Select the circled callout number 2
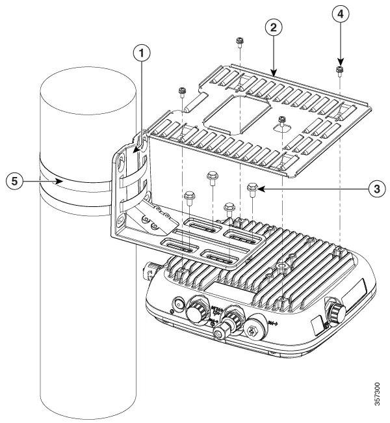click(275, 27)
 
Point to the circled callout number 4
click(339, 13)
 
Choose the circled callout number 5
click(13, 181)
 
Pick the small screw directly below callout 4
click(339, 69)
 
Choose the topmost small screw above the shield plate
click(239, 42)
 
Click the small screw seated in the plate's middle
click(282, 119)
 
